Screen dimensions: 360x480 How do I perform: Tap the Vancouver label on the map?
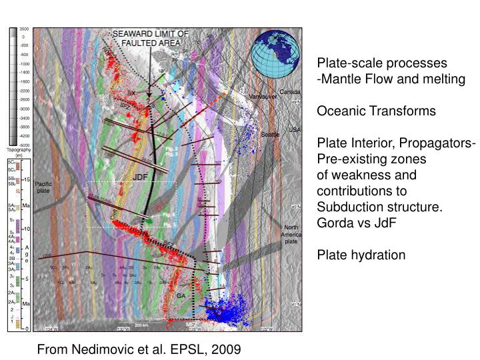tap(263, 97)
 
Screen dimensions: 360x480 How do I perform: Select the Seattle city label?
tap(270, 134)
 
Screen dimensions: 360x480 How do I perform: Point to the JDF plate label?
tap(140, 177)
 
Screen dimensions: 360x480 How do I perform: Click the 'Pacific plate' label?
tap(43, 187)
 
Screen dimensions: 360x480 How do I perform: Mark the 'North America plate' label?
tap(292, 235)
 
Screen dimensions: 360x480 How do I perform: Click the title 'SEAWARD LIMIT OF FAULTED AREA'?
tap(150, 39)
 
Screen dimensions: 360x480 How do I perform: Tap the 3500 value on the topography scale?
tap(23, 30)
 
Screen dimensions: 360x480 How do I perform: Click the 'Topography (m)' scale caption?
tap(15, 153)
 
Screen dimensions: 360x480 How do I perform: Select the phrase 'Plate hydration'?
tap(361, 255)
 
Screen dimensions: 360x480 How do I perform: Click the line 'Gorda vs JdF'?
tap(356, 223)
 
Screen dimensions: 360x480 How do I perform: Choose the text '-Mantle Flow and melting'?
tap(391, 79)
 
